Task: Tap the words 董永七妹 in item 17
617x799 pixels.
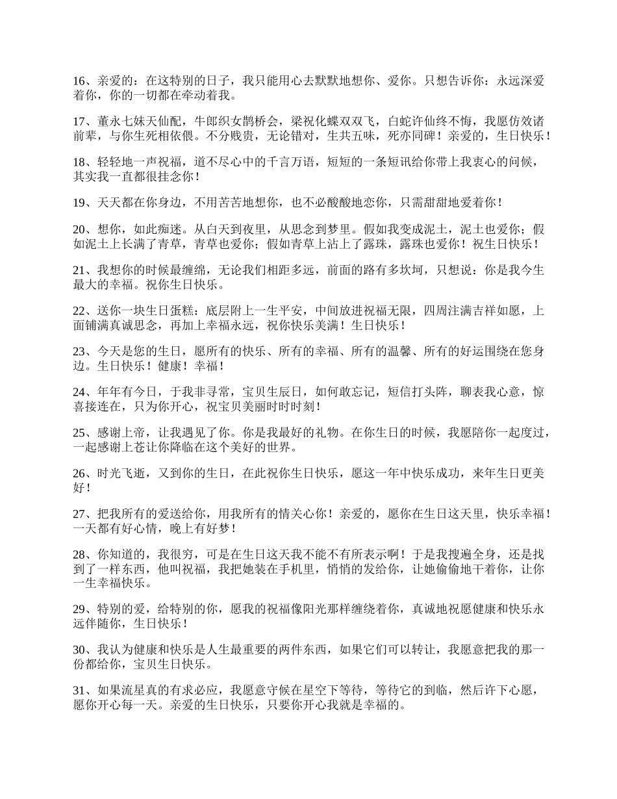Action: (x=121, y=121)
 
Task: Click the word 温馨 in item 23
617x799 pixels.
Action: (x=399, y=351)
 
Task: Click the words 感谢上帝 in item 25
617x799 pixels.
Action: (x=121, y=433)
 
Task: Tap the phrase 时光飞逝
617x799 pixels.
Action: (x=121, y=474)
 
